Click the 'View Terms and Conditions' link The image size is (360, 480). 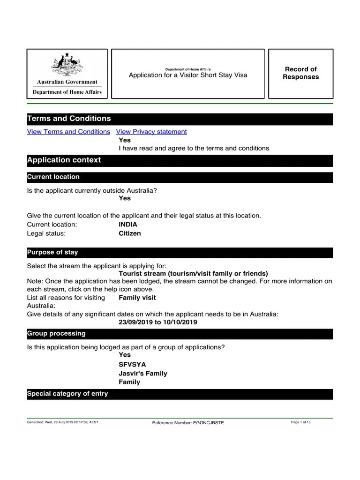(x=68, y=132)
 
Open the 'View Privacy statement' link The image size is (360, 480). (x=151, y=132)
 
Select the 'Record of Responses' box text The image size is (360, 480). (x=300, y=73)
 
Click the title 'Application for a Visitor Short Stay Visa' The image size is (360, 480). (x=188, y=75)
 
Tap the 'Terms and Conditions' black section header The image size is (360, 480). (x=69, y=119)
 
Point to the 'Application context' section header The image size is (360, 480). (x=64, y=160)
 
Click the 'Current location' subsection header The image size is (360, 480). (x=53, y=177)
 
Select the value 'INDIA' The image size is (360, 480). (x=128, y=225)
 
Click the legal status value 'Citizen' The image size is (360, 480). (x=130, y=233)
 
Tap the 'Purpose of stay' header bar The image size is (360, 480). (x=52, y=253)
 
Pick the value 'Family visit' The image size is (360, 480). (x=137, y=298)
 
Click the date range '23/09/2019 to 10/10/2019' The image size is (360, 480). (x=158, y=322)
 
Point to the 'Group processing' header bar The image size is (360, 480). (x=56, y=334)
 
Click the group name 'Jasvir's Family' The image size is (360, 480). (x=143, y=374)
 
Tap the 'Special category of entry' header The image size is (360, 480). (x=67, y=394)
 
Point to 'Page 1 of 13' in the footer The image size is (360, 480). (x=301, y=422)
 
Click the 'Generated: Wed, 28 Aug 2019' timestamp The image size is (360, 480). (x=63, y=422)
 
